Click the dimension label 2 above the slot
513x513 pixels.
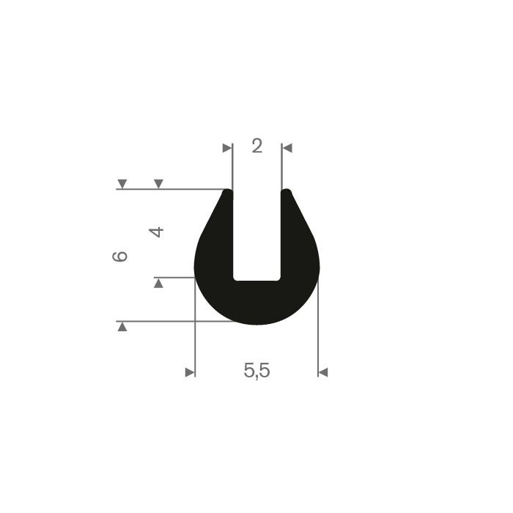256,146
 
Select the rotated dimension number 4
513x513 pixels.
156,232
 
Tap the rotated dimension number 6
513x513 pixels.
119,256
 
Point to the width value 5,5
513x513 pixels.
256,371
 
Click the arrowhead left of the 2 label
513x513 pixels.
227,148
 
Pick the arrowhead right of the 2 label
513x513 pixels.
287,148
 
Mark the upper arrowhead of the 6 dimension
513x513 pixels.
122,184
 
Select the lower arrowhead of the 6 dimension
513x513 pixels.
122,327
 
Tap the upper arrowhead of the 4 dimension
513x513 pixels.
158,184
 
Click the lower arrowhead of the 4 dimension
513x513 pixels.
158,283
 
